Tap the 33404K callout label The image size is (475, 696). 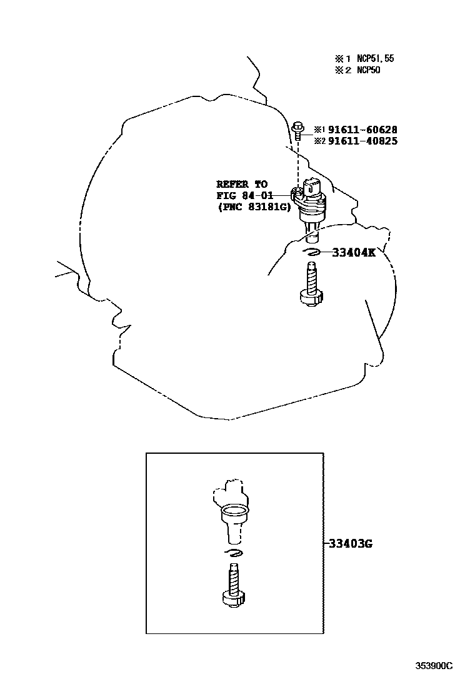tap(353, 252)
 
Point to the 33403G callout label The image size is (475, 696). tap(351, 543)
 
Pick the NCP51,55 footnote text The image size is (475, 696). tap(375, 59)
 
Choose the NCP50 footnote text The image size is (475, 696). tap(368, 70)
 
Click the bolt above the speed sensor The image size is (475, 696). tap(297, 130)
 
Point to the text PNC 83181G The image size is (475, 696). tap(254, 207)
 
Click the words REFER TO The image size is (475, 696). tap(242, 184)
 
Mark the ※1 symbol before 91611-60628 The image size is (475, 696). tap(319, 130)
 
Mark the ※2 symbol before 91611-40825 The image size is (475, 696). tap(319, 141)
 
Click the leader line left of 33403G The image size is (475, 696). tap(326, 543)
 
